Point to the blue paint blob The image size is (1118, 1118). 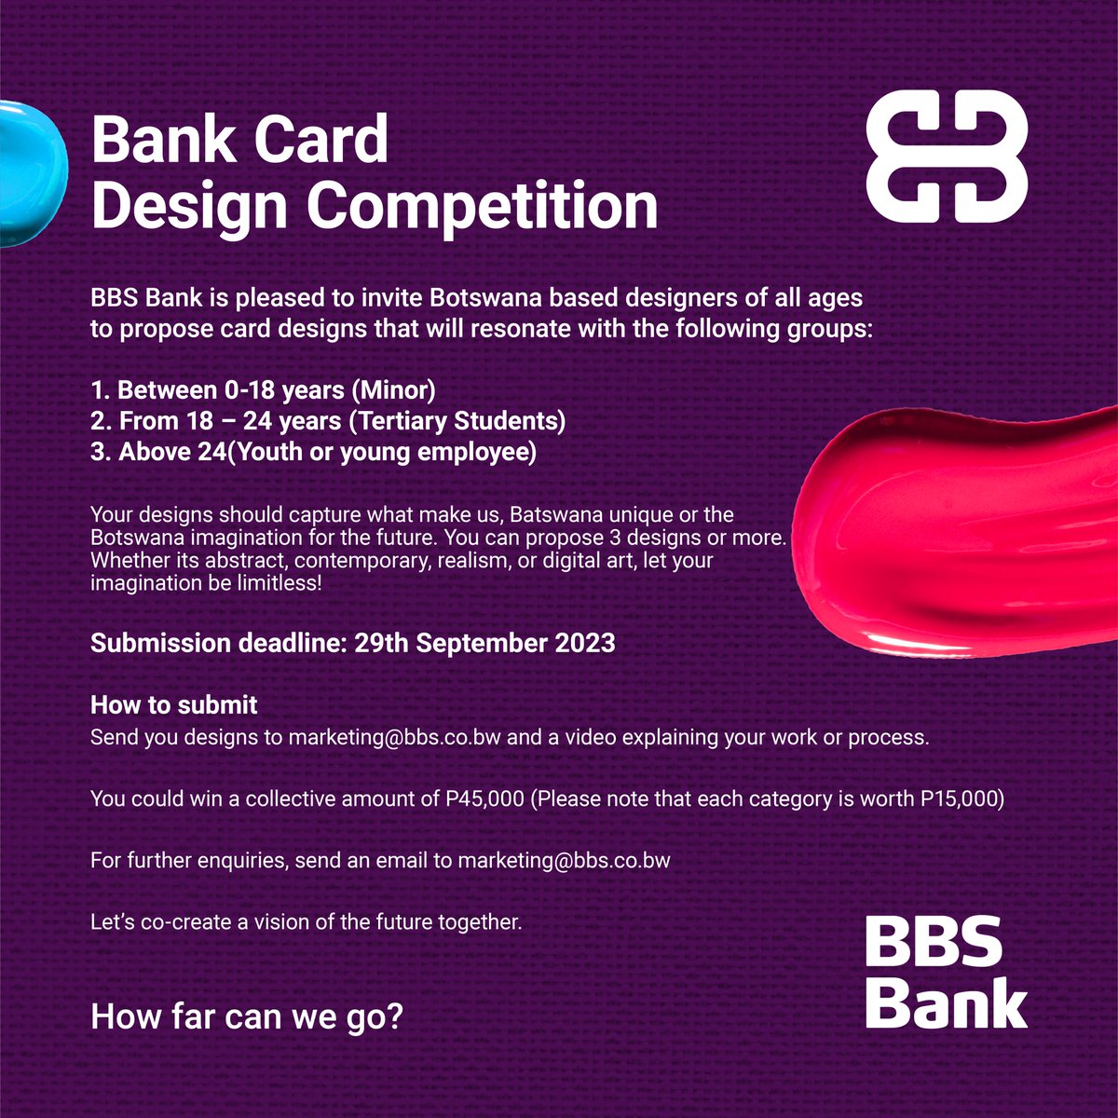coord(28,172)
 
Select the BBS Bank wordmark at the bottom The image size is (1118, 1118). coord(946,973)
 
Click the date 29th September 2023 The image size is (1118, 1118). coord(484,644)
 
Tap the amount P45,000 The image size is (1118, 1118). coord(479,799)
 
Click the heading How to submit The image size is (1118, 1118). coord(174,705)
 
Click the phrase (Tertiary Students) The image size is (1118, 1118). coord(457,421)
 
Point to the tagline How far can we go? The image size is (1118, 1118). coord(247,1016)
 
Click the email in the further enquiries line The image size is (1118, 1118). coord(564,861)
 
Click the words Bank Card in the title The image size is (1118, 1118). coord(239,140)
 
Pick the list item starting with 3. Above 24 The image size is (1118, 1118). coord(313,453)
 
